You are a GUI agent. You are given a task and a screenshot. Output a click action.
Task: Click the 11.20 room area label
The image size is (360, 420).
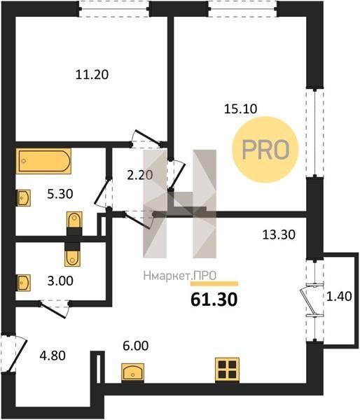click(92, 74)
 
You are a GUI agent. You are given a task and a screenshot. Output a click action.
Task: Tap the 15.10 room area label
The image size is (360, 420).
click(240, 109)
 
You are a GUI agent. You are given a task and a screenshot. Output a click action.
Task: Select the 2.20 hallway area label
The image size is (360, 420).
click(139, 175)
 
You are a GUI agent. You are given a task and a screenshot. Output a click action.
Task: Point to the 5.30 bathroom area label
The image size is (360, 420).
click(60, 194)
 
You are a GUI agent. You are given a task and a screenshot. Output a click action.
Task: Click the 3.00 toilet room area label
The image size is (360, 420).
click(60, 281)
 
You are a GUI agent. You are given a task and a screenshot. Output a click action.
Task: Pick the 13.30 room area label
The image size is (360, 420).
click(279, 234)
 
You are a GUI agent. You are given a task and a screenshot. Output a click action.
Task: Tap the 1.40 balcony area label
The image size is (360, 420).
click(339, 297)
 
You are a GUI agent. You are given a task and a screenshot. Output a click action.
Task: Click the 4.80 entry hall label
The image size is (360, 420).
click(53, 356)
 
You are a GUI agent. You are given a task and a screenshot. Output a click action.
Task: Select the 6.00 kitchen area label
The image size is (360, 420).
click(135, 346)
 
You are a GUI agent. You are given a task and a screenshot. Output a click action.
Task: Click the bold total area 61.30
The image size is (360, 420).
click(214, 300)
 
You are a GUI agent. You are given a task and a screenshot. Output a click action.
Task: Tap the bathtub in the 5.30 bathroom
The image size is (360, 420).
click(43, 161)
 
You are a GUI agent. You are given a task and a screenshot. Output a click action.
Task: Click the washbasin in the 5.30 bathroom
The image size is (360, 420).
click(24, 198)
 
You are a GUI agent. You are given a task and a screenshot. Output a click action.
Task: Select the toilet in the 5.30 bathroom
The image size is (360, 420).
click(74, 223)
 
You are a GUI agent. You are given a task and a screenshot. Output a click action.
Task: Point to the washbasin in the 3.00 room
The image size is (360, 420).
click(24, 283)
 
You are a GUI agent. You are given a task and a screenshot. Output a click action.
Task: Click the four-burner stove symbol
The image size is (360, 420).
click(228, 370)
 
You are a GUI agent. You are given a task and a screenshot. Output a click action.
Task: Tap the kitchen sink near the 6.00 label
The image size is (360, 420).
click(132, 372)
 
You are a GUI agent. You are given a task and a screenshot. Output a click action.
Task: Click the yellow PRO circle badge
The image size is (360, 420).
click(265, 150)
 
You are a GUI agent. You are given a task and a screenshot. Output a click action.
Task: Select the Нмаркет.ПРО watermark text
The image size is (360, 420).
click(180, 276)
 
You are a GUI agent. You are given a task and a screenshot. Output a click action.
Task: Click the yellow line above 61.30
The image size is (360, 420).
click(214, 283)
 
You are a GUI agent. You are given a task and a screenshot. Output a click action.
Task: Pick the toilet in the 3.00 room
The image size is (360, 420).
click(72, 255)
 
